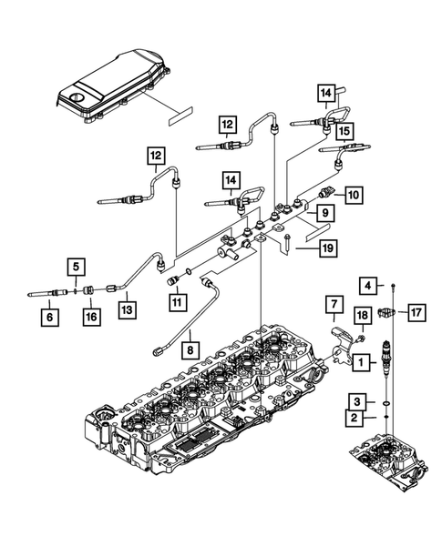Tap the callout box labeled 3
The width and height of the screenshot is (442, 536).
(361, 400)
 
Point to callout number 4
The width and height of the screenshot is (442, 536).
(367, 287)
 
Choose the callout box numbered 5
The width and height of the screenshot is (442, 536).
(77, 267)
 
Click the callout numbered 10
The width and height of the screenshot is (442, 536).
(354, 193)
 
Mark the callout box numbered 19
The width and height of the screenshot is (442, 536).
(328, 247)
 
